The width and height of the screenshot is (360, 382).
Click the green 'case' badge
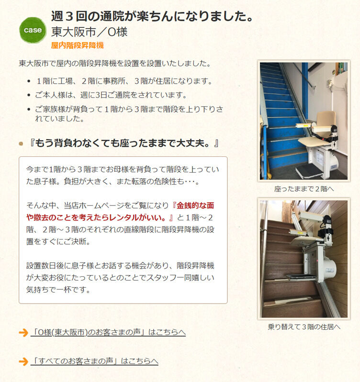(33, 30)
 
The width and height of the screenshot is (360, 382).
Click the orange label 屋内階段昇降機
(78, 45)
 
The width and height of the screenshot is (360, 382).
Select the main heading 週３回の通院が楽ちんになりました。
(152, 16)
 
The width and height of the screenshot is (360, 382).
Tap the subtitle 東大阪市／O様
(89, 32)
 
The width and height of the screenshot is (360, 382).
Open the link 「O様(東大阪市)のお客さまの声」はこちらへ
(108, 332)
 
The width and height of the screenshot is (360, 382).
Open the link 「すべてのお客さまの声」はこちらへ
(94, 361)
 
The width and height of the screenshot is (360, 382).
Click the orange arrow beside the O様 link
(23, 333)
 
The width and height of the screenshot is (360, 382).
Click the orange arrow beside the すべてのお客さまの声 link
(23, 361)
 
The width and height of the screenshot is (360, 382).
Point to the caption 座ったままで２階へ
(304, 189)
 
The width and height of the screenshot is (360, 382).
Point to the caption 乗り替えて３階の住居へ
(304, 327)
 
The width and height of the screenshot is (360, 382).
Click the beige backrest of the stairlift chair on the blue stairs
(326, 119)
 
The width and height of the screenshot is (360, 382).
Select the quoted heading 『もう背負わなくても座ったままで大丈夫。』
(124, 143)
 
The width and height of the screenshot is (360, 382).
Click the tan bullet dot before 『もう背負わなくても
(21, 144)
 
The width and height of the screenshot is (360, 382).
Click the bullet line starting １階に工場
(124, 81)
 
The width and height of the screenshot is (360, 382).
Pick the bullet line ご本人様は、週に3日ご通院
(111, 95)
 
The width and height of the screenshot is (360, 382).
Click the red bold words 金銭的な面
(195, 206)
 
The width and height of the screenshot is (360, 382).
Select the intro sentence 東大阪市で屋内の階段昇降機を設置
(115, 63)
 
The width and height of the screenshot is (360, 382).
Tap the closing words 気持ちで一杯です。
(58, 290)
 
